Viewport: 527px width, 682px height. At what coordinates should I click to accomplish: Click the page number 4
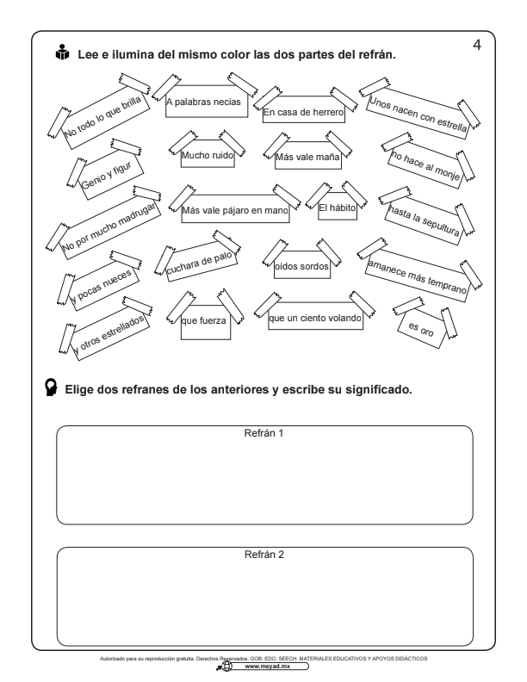[477, 45]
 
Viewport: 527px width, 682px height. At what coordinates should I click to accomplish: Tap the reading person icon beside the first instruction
[62, 53]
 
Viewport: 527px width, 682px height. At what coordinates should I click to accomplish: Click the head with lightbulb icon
[52, 387]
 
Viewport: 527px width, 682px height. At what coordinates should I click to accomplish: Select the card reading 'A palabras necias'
[207, 102]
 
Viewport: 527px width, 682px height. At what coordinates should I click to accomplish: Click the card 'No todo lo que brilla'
[104, 116]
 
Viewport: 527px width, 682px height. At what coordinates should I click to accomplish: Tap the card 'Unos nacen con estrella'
[418, 114]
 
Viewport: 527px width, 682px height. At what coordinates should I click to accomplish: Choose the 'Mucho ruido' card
[208, 154]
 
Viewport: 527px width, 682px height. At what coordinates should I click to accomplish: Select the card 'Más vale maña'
[308, 156]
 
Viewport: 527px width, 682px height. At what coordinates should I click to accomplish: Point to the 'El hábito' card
[338, 207]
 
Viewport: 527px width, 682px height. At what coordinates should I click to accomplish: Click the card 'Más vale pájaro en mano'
[235, 209]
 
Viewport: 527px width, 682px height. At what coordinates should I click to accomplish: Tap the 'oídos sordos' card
[301, 265]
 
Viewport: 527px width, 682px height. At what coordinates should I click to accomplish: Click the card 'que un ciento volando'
[315, 317]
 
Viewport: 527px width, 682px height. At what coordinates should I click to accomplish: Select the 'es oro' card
[422, 329]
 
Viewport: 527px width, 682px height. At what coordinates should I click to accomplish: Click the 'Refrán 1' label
[264, 433]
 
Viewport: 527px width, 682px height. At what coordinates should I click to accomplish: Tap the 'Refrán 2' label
[264, 555]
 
